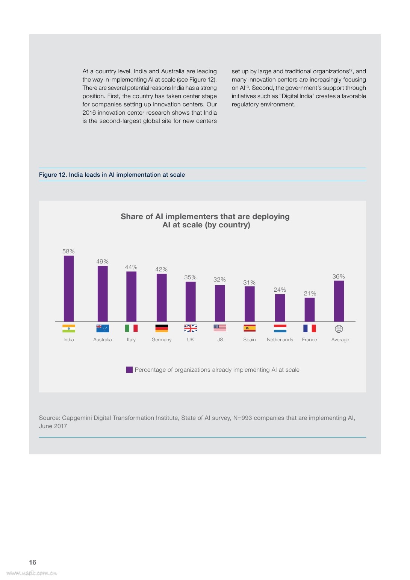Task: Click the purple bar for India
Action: point(69,288)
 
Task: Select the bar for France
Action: point(310,309)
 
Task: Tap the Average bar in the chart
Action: point(339,301)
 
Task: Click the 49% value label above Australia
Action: point(102,262)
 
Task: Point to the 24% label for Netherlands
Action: point(280,289)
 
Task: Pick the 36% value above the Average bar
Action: point(339,277)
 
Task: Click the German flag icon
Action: point(162,328)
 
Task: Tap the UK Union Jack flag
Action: point(191,328)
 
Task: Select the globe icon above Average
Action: point(339,329)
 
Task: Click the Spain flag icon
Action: point(250,328)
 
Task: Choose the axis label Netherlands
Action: point(280,339)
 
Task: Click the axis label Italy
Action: point(131,339)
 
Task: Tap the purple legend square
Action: point(129,370)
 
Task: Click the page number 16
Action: point(33,562)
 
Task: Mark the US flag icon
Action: point(220,328)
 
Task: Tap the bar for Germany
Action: point(162,297)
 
